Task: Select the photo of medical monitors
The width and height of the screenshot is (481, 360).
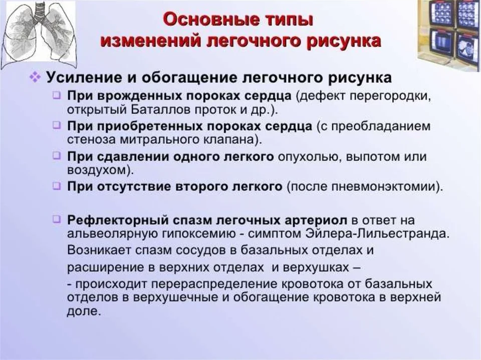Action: pos(449,34)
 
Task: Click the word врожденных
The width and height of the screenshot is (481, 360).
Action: pos(140,96)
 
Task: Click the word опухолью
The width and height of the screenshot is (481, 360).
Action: pos(310,157)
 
